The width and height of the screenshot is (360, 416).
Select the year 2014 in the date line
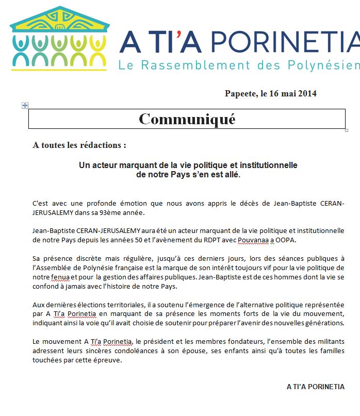point(307,93)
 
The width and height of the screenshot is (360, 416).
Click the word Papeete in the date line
point(240,93)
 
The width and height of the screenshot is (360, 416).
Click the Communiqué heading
point(187,119)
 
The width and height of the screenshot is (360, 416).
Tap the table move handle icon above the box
point(25,105)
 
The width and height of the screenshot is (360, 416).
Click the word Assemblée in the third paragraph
point(59,268)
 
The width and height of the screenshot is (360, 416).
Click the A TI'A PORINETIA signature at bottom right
point(315,387)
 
